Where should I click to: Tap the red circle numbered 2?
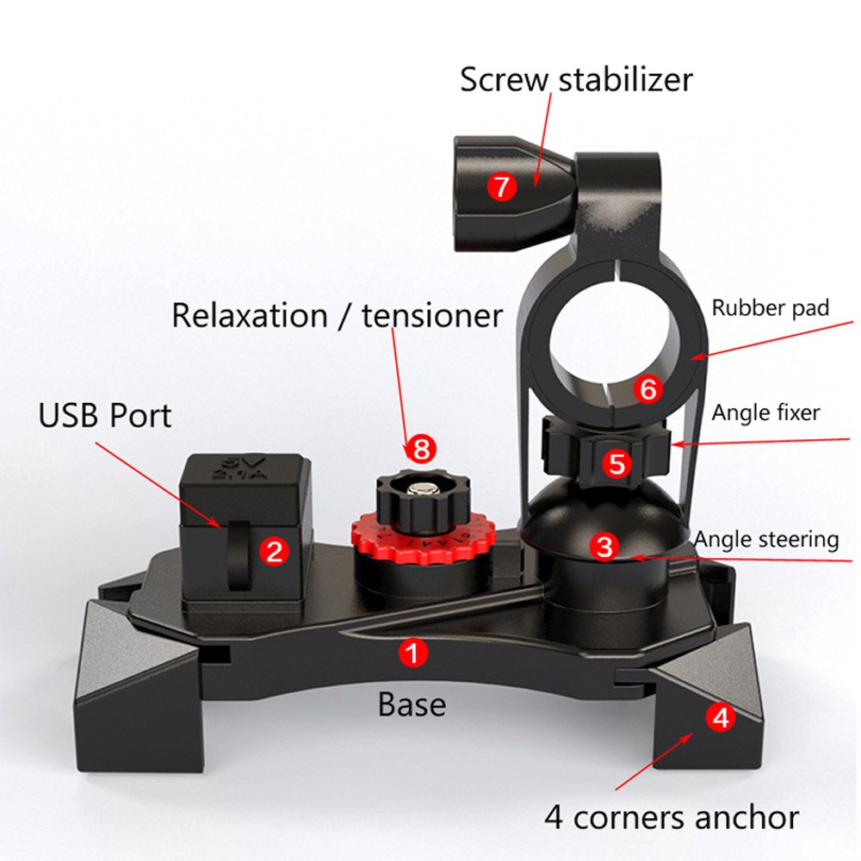point(274,550)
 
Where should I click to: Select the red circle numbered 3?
point(606,545)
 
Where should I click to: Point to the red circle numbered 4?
point(722,716)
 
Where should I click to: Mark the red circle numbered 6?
point(648,389)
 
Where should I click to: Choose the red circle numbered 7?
point(502,186)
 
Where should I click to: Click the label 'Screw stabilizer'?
point(576,79)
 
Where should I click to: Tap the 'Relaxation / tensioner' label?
point(337,315)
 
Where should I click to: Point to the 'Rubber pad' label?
point(771,308)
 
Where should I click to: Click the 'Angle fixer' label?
point(765,412)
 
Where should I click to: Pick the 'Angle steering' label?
point(766,540)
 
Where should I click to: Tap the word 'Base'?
point(412,704)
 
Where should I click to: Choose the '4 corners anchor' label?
point(672,816)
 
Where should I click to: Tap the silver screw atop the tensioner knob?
point(420,492)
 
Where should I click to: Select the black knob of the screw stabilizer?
point(482,194)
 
